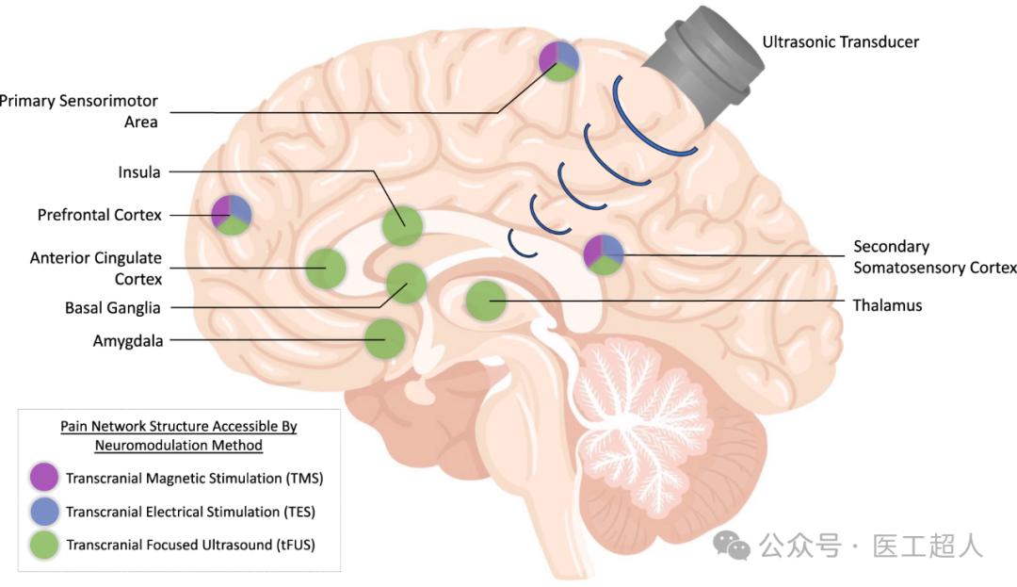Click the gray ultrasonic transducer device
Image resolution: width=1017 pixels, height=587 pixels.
[x=703, y=65]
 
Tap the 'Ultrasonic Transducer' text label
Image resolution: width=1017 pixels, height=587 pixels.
[x=841, y=42]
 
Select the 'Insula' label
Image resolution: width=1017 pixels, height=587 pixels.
[x=138, y=172]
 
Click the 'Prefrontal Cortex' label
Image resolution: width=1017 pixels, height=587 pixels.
[x=99, y=216]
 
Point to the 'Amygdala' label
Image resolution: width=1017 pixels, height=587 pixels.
[x=128, y=341]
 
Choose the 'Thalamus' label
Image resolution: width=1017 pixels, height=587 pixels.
[x=887, y=305]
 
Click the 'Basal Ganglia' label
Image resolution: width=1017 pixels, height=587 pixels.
[x=112, y=308]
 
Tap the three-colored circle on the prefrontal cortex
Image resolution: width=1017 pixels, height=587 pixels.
[x=232, y=215]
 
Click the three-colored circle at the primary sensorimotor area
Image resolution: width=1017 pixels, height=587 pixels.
[x=559, y=61]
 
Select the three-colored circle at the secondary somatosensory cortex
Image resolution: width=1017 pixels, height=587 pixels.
[x=604, y=254]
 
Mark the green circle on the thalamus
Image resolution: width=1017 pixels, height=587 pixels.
[x=486, y=301]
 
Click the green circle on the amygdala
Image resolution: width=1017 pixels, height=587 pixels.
[x=384, y=338]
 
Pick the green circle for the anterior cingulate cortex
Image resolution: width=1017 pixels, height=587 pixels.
[x=326, y=268]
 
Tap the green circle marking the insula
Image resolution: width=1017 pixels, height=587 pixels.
[x=403, y=226]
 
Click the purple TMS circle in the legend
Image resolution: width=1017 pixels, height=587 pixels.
[x=44, y=478]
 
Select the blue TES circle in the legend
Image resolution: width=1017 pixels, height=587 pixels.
[x=44, y=511]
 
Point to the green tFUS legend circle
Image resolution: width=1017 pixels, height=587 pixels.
[x=44, y=545]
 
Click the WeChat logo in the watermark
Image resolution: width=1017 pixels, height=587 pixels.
[x=731, y=546]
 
